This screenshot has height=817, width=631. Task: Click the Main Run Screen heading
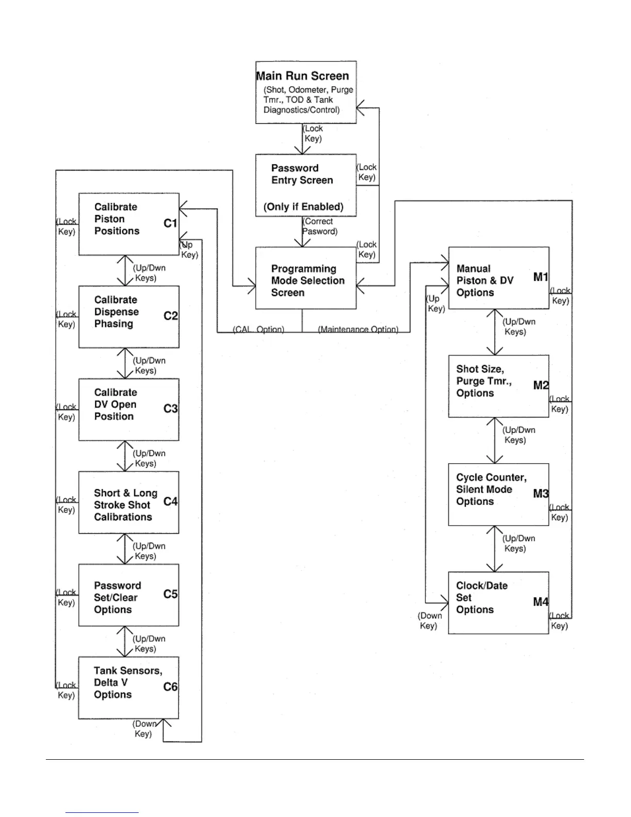(x=303, y=76)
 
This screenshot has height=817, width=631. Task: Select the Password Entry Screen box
(x=306, y=185)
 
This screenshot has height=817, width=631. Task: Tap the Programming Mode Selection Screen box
(x=306, y=278)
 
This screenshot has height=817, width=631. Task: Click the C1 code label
(x=170, y=223)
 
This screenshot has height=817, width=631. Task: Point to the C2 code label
(x=170, y=316)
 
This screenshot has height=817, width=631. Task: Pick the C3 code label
(x=170, y=408)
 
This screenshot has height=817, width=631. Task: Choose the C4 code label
(x=170, y=501)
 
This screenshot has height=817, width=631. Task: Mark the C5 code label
(x=170, y=594)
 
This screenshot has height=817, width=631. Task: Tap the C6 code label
(x=170, y=687)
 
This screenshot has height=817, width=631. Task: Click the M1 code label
(x=540, y=277)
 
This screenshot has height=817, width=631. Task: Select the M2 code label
(x=540, y=385)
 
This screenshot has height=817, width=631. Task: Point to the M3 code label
(x=540, y=494)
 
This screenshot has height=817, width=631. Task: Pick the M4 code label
(x=540, y=602)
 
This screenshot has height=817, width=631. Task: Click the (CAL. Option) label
(x=258, y=329)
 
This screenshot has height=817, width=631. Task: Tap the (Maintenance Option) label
(x=358, y=329)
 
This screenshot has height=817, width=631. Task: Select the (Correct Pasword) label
(x=320, y=226)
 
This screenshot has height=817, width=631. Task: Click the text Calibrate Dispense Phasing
(x=116, y=312)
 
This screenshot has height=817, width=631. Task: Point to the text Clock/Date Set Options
(x=481, y=598)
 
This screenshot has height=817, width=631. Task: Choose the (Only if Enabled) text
(x=303, y=207)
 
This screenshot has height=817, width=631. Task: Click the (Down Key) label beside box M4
(x=429, y=620)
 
